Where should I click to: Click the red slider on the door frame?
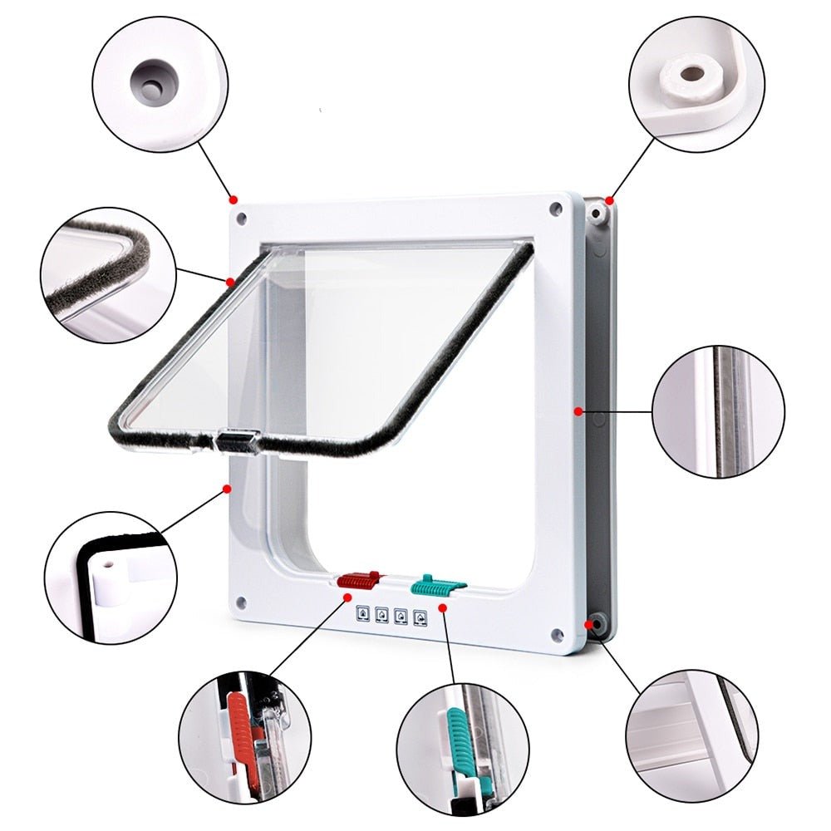pyautogui.click(x=358, y=579)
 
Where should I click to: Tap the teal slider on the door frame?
pyautogui.click(x=434, y=583)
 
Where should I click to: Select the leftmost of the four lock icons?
pyautogui.click(x=363, y=615)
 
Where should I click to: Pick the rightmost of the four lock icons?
pyautogui.click(x=420, y=617)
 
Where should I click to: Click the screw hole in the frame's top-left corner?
pyautogui.click(x=241, y=219)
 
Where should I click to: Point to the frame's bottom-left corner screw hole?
pyautogui.click(x=240, y=603)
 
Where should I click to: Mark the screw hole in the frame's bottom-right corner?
pyautogui.click(x=554, y=637)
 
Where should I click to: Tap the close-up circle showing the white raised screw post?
pyautogui.click(x=692, y=81)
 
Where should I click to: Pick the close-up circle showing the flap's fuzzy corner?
pyautogui.click(x=108, y=274)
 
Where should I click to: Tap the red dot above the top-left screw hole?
pyautogui.click(x=234, y=199)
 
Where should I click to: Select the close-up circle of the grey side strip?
pyautogui.click(x=718, y=412)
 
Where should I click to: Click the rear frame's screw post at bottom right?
pyautogui.click(x=596, y=623)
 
